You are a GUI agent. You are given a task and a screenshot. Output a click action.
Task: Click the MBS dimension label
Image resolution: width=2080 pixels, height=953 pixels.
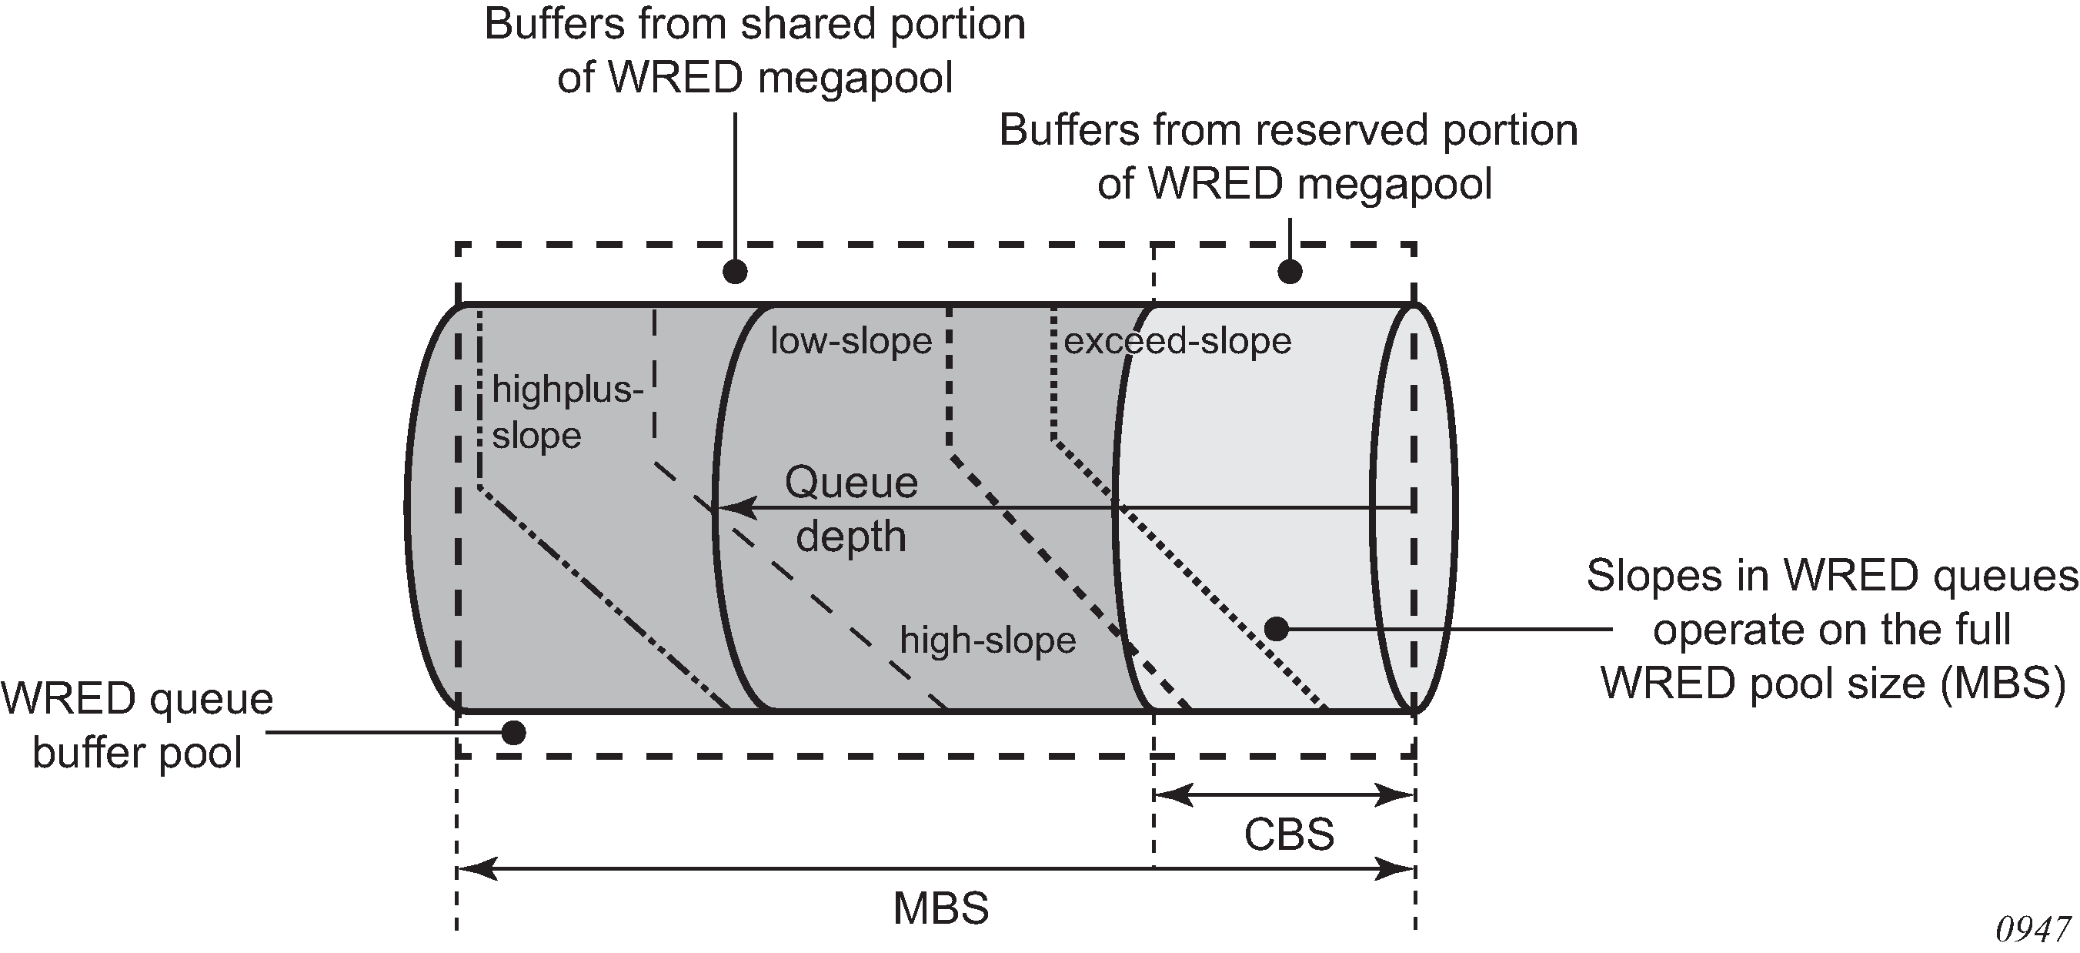click(x=940, y=908)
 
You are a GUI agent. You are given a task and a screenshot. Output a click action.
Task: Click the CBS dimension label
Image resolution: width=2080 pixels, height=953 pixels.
click(x=1289, y=834)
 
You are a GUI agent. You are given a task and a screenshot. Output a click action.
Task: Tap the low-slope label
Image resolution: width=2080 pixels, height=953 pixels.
click(x=851, y=341)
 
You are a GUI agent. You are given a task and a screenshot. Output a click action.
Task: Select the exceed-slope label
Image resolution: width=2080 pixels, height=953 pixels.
click(x=1177, y=341)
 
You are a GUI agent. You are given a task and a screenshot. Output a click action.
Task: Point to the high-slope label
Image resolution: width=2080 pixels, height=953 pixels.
click(x=987, y=640)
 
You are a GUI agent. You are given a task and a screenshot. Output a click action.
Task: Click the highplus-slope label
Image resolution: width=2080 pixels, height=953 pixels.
click(x=568, y=413)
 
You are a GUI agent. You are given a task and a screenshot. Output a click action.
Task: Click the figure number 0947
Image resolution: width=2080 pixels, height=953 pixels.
click(x=2033, y=930)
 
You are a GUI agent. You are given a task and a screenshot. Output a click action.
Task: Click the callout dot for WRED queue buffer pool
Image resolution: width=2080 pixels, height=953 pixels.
click(x=513, y=733)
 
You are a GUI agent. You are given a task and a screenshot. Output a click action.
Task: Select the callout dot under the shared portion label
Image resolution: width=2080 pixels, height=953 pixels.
click(x=735, y=272)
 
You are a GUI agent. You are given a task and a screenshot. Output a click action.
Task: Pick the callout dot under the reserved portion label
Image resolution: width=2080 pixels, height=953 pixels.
click(x=1290, y=272)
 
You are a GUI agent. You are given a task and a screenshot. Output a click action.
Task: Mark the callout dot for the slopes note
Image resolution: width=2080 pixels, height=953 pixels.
click(x=1276, y=628)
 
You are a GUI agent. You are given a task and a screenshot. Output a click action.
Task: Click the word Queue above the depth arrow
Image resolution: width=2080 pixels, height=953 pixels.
click(x=851, y=483)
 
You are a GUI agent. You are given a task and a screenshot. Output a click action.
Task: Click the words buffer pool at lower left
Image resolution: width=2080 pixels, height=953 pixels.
click(x=137, y=753)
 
